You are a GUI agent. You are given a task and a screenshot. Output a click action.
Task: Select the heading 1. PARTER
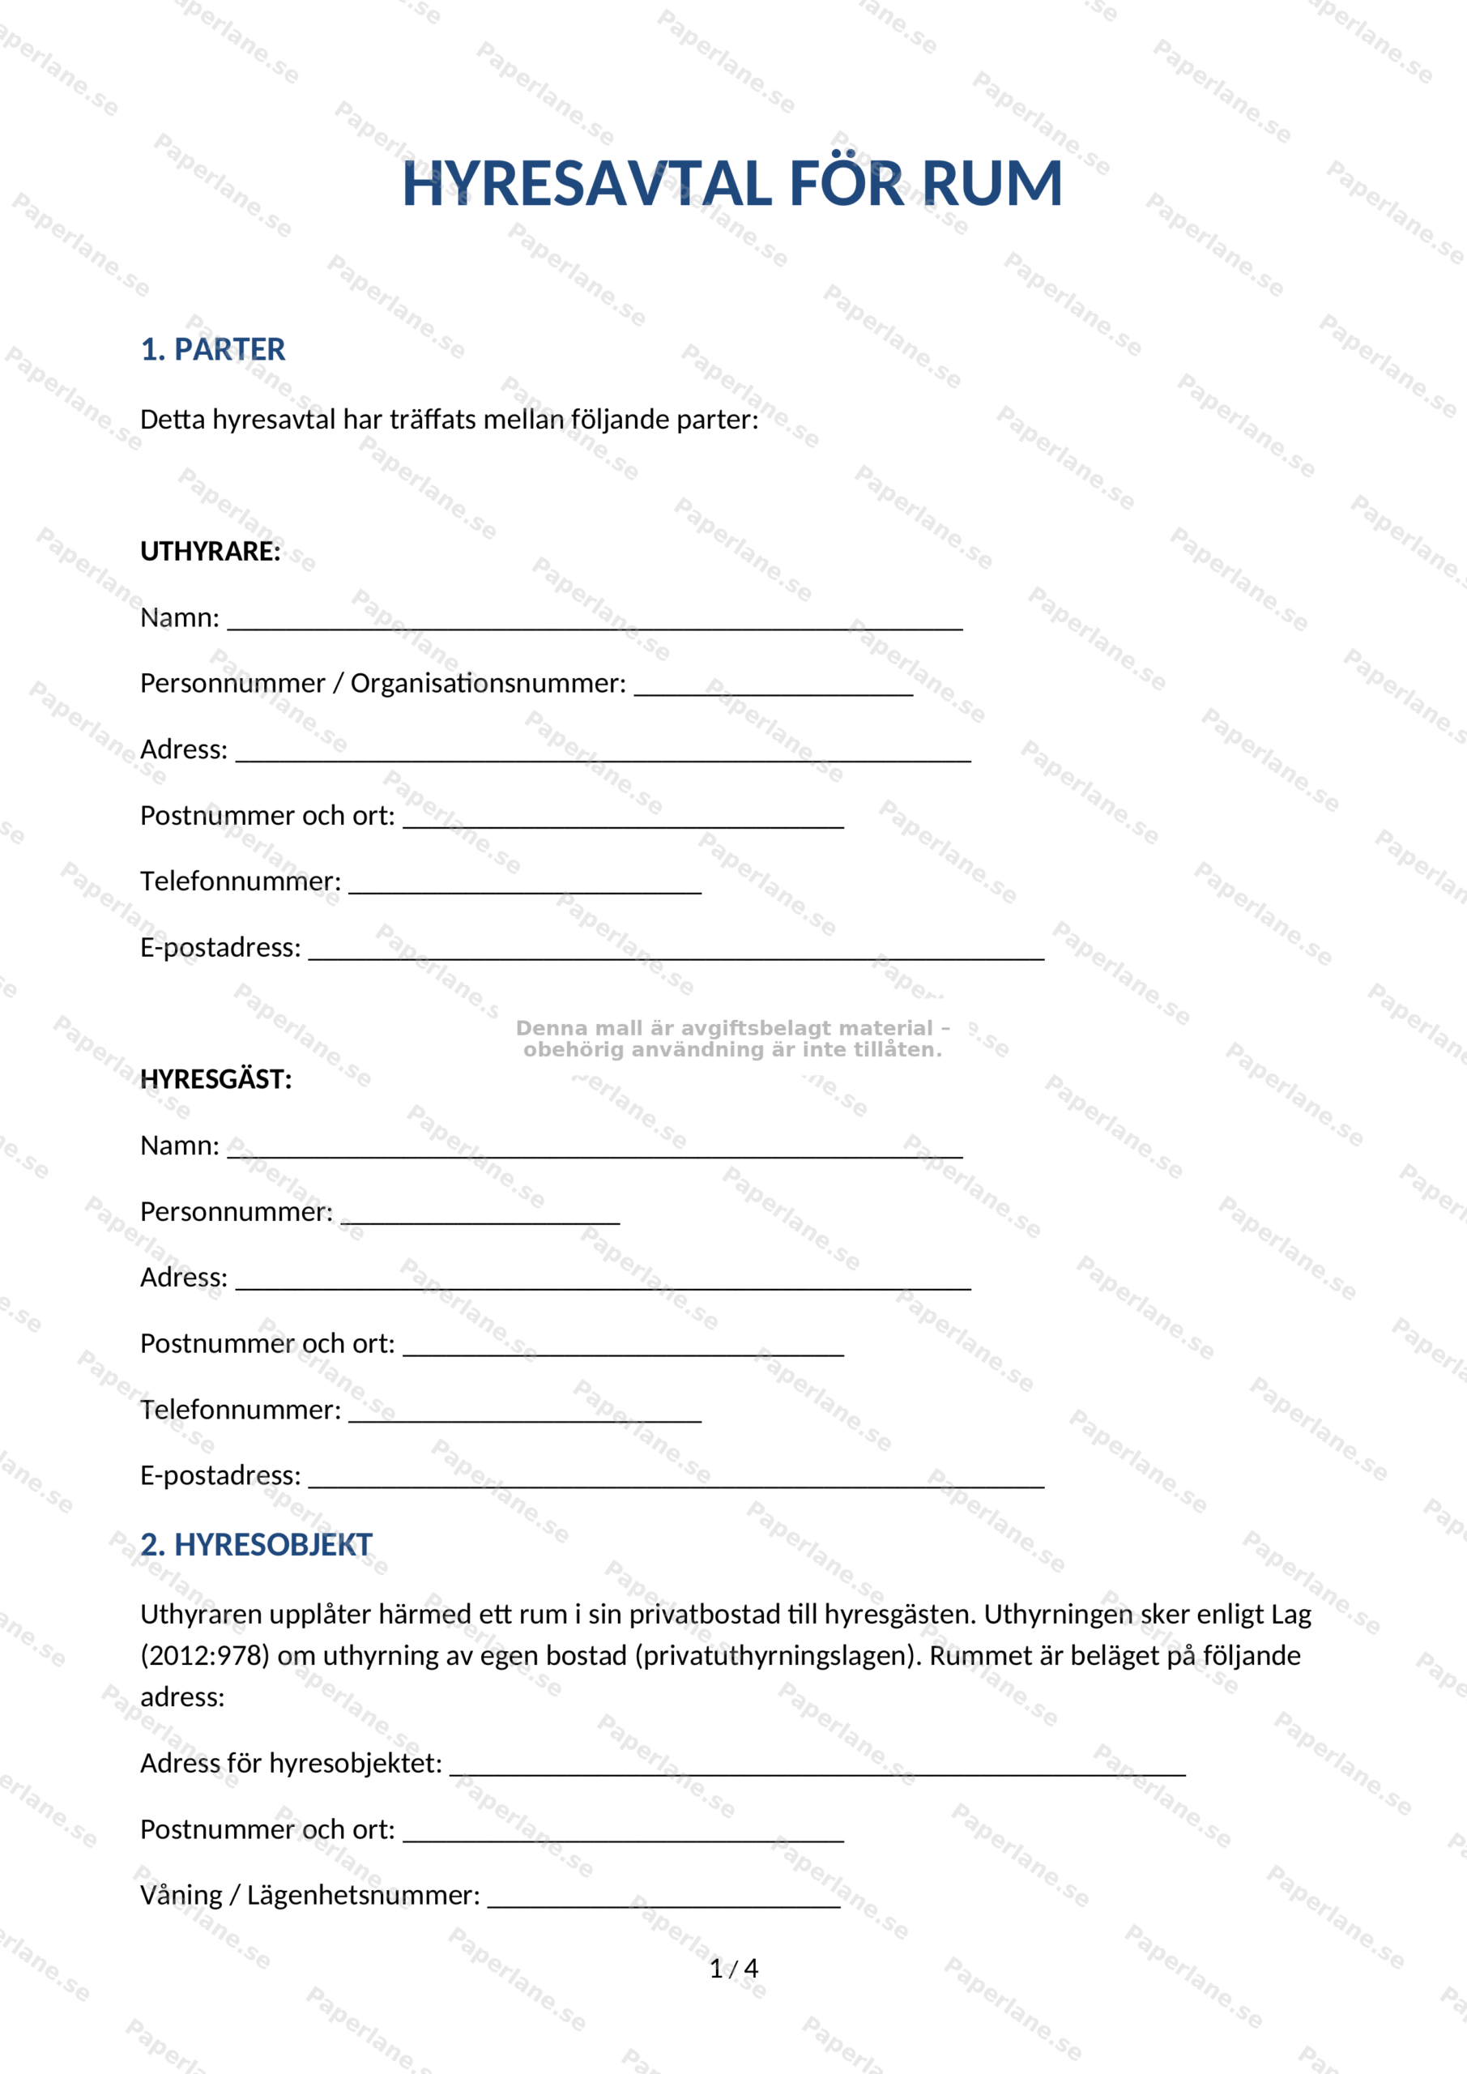coord(212,349)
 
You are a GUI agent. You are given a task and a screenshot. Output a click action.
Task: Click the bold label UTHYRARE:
coord(211,551)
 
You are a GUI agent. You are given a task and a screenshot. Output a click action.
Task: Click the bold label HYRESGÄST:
coord(216,1079)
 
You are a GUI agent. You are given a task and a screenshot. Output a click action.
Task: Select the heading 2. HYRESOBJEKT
coord(257,1545)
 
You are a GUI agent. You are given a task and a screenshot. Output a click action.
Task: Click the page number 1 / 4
coord(734,1969)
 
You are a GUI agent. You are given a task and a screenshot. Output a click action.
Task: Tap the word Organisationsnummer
coord(488,684)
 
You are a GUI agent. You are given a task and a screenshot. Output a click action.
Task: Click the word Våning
coord(181,1895)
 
